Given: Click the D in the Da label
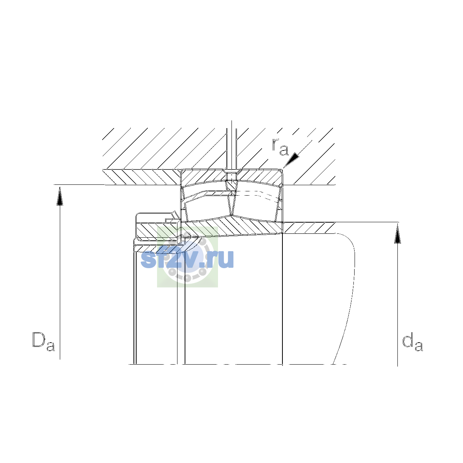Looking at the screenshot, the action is click(39, 340).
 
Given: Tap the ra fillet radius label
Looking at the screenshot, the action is click(280, 147).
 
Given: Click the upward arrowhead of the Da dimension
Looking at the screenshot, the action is click(60, 196).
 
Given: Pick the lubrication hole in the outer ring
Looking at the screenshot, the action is click(232, 176).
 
